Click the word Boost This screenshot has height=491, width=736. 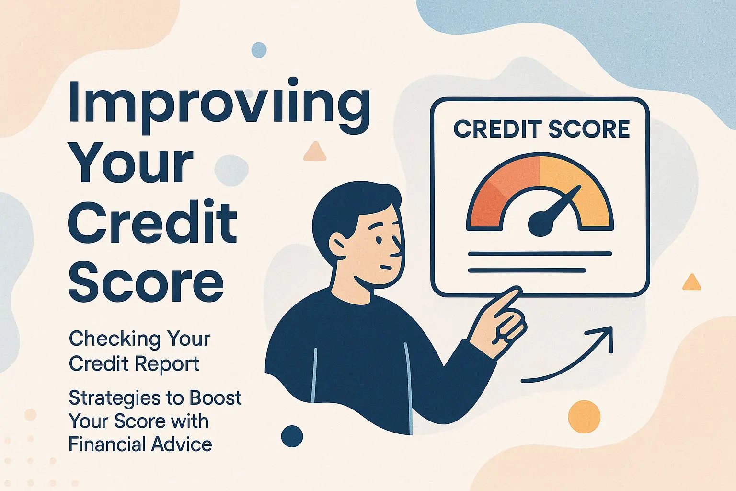tap(216, 398)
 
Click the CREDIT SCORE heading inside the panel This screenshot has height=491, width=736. tap(541, 129)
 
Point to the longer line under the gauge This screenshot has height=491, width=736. tap(540, 254)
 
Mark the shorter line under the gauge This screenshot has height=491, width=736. tap(527, 270)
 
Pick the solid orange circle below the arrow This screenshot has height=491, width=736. tap(584, 417)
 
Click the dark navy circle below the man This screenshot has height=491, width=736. tap(292, 436)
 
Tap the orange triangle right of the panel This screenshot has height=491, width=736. tap(691, 283)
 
